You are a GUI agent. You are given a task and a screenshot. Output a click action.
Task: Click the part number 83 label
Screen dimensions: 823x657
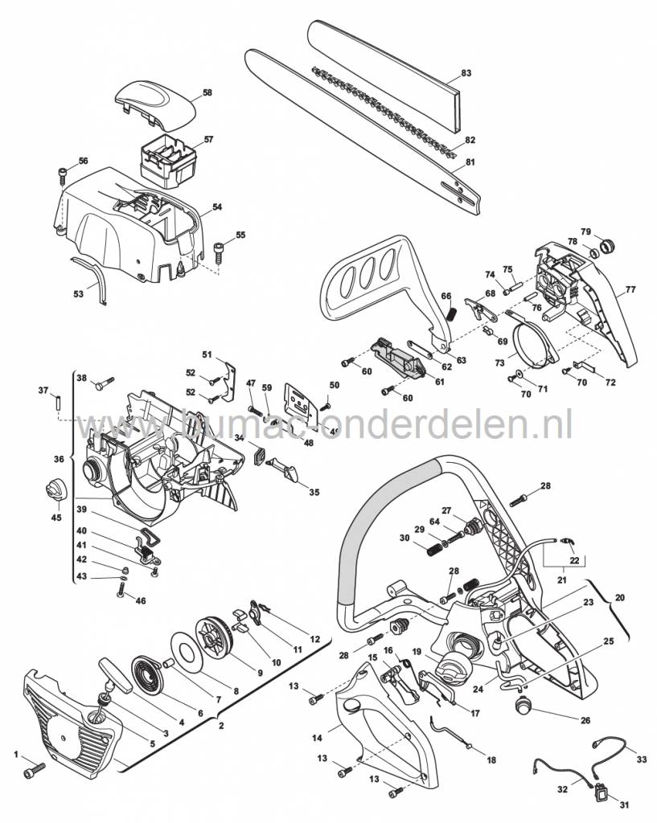pos(466,74)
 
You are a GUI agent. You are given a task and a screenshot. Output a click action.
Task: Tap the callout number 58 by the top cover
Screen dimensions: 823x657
pos(207,93)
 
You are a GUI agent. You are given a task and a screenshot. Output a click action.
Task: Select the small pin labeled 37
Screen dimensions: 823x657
pos(59,402)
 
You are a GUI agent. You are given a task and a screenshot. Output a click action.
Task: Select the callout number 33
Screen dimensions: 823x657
pos(641,758)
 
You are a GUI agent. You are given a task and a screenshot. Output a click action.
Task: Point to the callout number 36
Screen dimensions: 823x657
pos(58,459)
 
